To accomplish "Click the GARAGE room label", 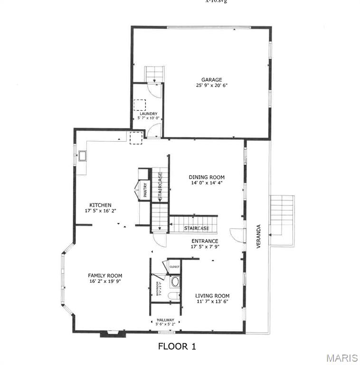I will (211, 80).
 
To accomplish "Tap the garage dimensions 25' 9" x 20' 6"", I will (211, 86).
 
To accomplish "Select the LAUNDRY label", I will (148, 114).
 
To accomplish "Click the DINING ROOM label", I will (207, 177).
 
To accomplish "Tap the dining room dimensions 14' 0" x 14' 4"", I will (207, 183).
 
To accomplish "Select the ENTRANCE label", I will (205, 241).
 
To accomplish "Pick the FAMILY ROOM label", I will (105, 276).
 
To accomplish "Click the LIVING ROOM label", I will (212, 296).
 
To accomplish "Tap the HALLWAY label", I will (166, 320).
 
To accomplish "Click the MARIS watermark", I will (339, 357).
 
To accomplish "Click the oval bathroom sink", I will (175, 281).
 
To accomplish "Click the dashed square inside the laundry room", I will (140, 105).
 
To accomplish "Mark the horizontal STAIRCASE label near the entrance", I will (197, 229).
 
